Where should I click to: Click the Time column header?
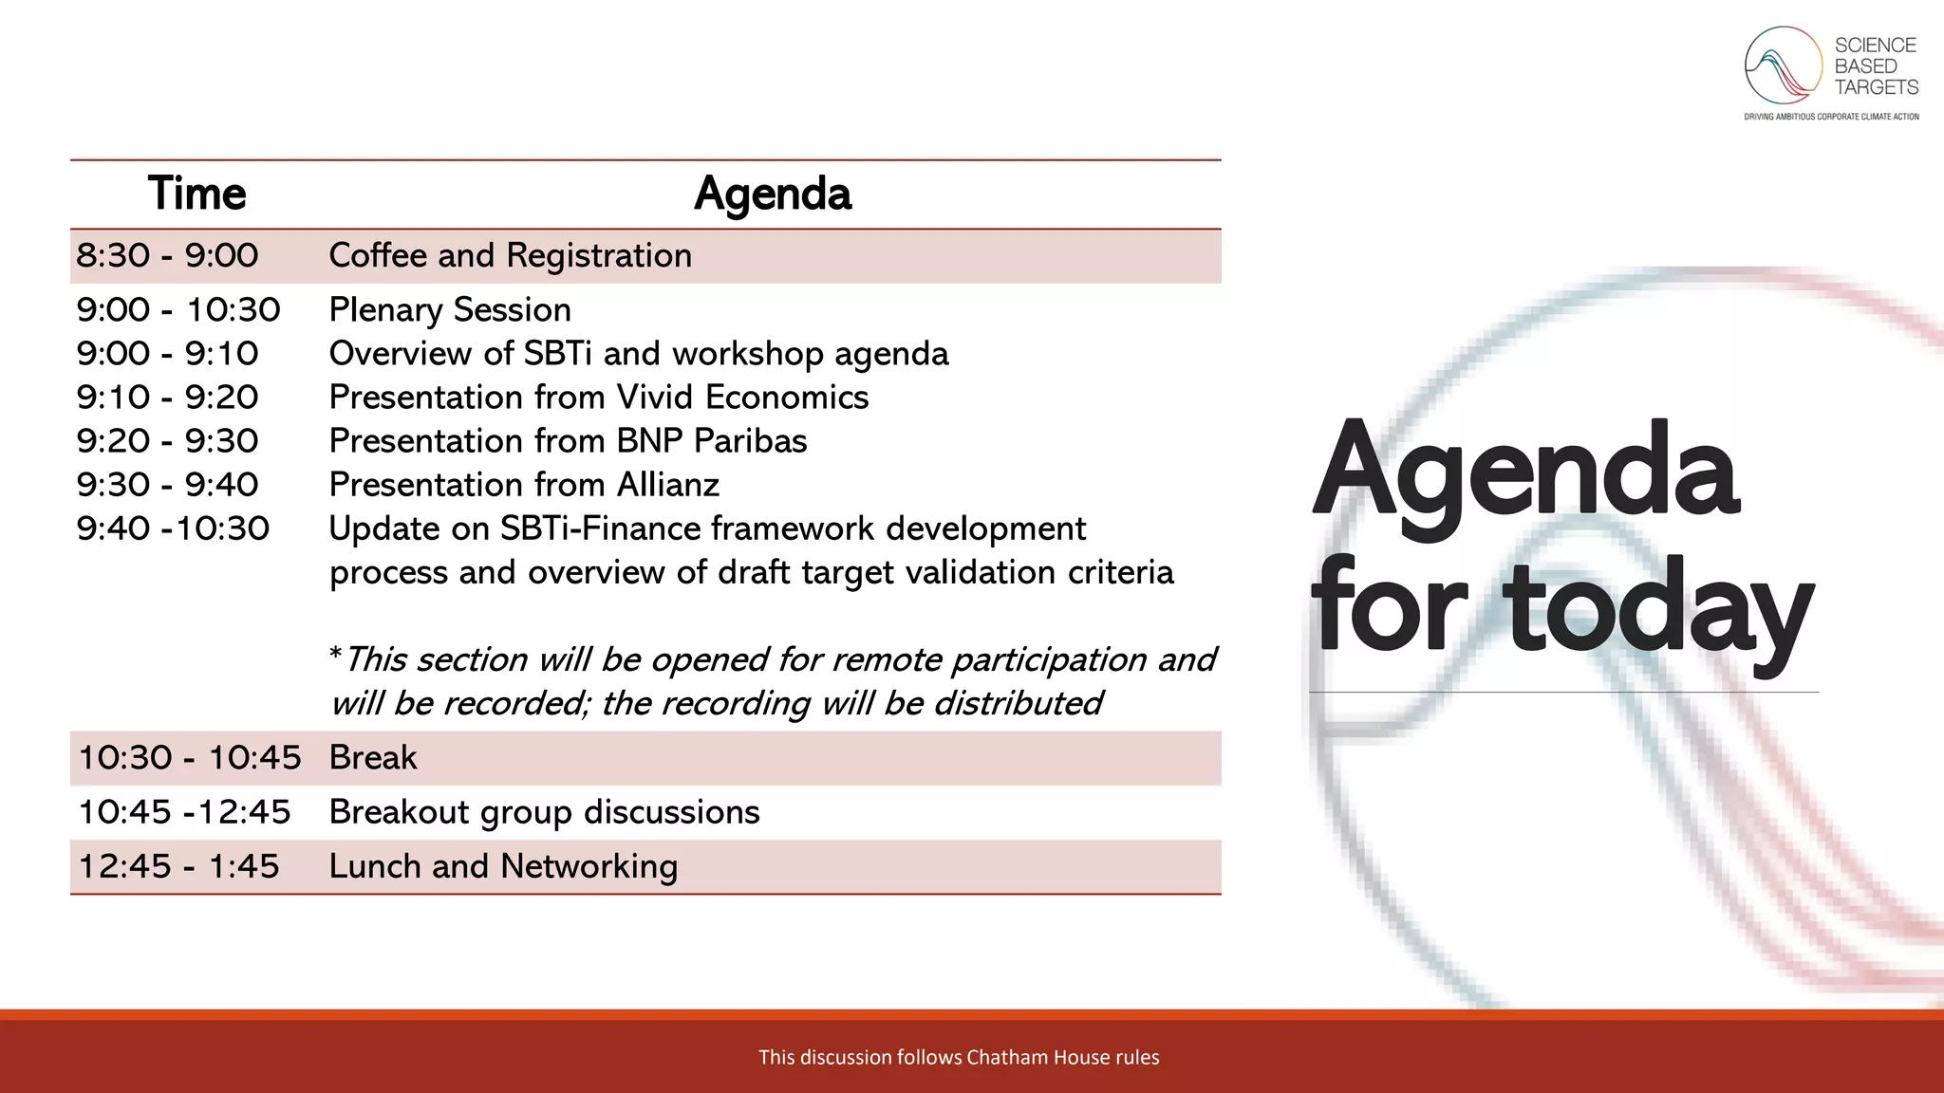point(196,194)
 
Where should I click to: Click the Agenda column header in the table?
point(773,194)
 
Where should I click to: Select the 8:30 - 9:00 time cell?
point(167,256)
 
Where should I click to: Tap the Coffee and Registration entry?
point(510,256)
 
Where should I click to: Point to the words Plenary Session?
point(450,310)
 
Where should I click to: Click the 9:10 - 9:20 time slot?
point(167,398)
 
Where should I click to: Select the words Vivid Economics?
point(742,398)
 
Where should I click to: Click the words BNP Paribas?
point(712,441)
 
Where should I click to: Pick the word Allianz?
point(668,485)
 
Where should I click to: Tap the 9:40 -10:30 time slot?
point(173,528)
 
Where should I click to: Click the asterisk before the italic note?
point(335,655)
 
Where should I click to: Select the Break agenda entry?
point(372,758)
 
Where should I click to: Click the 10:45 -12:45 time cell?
point(184,812)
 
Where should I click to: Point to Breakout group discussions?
point(544,813)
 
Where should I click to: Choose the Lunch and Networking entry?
point(503,867)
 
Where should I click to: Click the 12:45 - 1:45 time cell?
point(178,867)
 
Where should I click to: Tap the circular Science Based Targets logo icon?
point(1783,65)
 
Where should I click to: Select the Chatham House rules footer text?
point(959,1057)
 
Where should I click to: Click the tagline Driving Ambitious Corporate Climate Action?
point(1831,117)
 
